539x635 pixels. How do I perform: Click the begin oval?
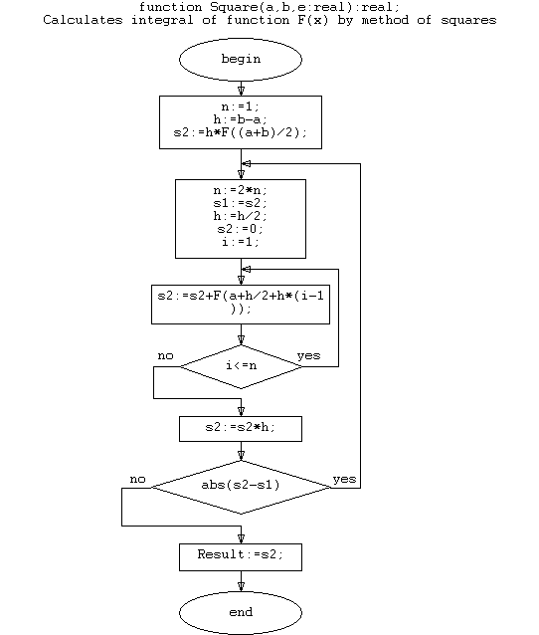241,60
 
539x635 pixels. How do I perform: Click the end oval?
241,612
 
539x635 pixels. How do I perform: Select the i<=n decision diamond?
241,366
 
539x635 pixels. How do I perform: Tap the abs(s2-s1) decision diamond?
241,487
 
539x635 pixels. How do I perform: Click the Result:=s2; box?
241,557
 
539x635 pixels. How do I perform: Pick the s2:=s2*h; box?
241,429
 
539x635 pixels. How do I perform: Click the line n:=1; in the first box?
241,106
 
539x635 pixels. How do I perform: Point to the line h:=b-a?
241,119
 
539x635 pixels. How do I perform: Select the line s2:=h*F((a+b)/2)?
241,132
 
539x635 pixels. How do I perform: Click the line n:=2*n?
241,190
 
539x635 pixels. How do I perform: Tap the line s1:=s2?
241,203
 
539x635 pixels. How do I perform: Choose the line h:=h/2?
241,216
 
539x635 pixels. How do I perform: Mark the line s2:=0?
241,229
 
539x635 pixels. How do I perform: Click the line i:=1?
241,242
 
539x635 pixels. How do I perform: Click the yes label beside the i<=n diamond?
308,355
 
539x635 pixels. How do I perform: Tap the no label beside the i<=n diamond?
165,355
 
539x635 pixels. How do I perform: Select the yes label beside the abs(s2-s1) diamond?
344,479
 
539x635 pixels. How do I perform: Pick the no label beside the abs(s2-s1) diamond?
137,479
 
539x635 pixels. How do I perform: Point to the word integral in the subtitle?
162,20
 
